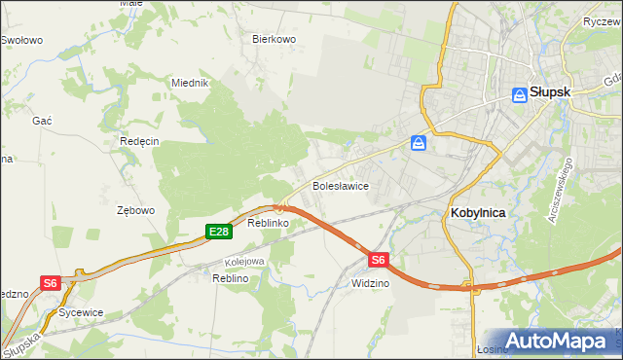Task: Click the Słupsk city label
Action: pyautogui.click(x=550, y=93)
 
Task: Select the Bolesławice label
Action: pyautogui.click(x=339, y=185)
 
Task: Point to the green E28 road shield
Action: pyautogui.click(x=219, y=232)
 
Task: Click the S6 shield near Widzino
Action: pyautogui.click(x=379, y=260)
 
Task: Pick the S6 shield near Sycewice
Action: pyautogui.click(x=51, y=283)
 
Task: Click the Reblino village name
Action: pyautogui.click(x=231, y=278)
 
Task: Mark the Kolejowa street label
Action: pyautogui.click(x=244, y=262)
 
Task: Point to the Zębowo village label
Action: pyautogui.click(x=136, y=210)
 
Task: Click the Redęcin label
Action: pyautogui.click(x=139, y=141)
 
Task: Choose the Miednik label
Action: pyautogui.click(x=191, y=83)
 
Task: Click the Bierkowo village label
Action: pyautogui.click(x=274, y=40)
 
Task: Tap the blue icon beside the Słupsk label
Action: pyautogui.click(x=520, y=94)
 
